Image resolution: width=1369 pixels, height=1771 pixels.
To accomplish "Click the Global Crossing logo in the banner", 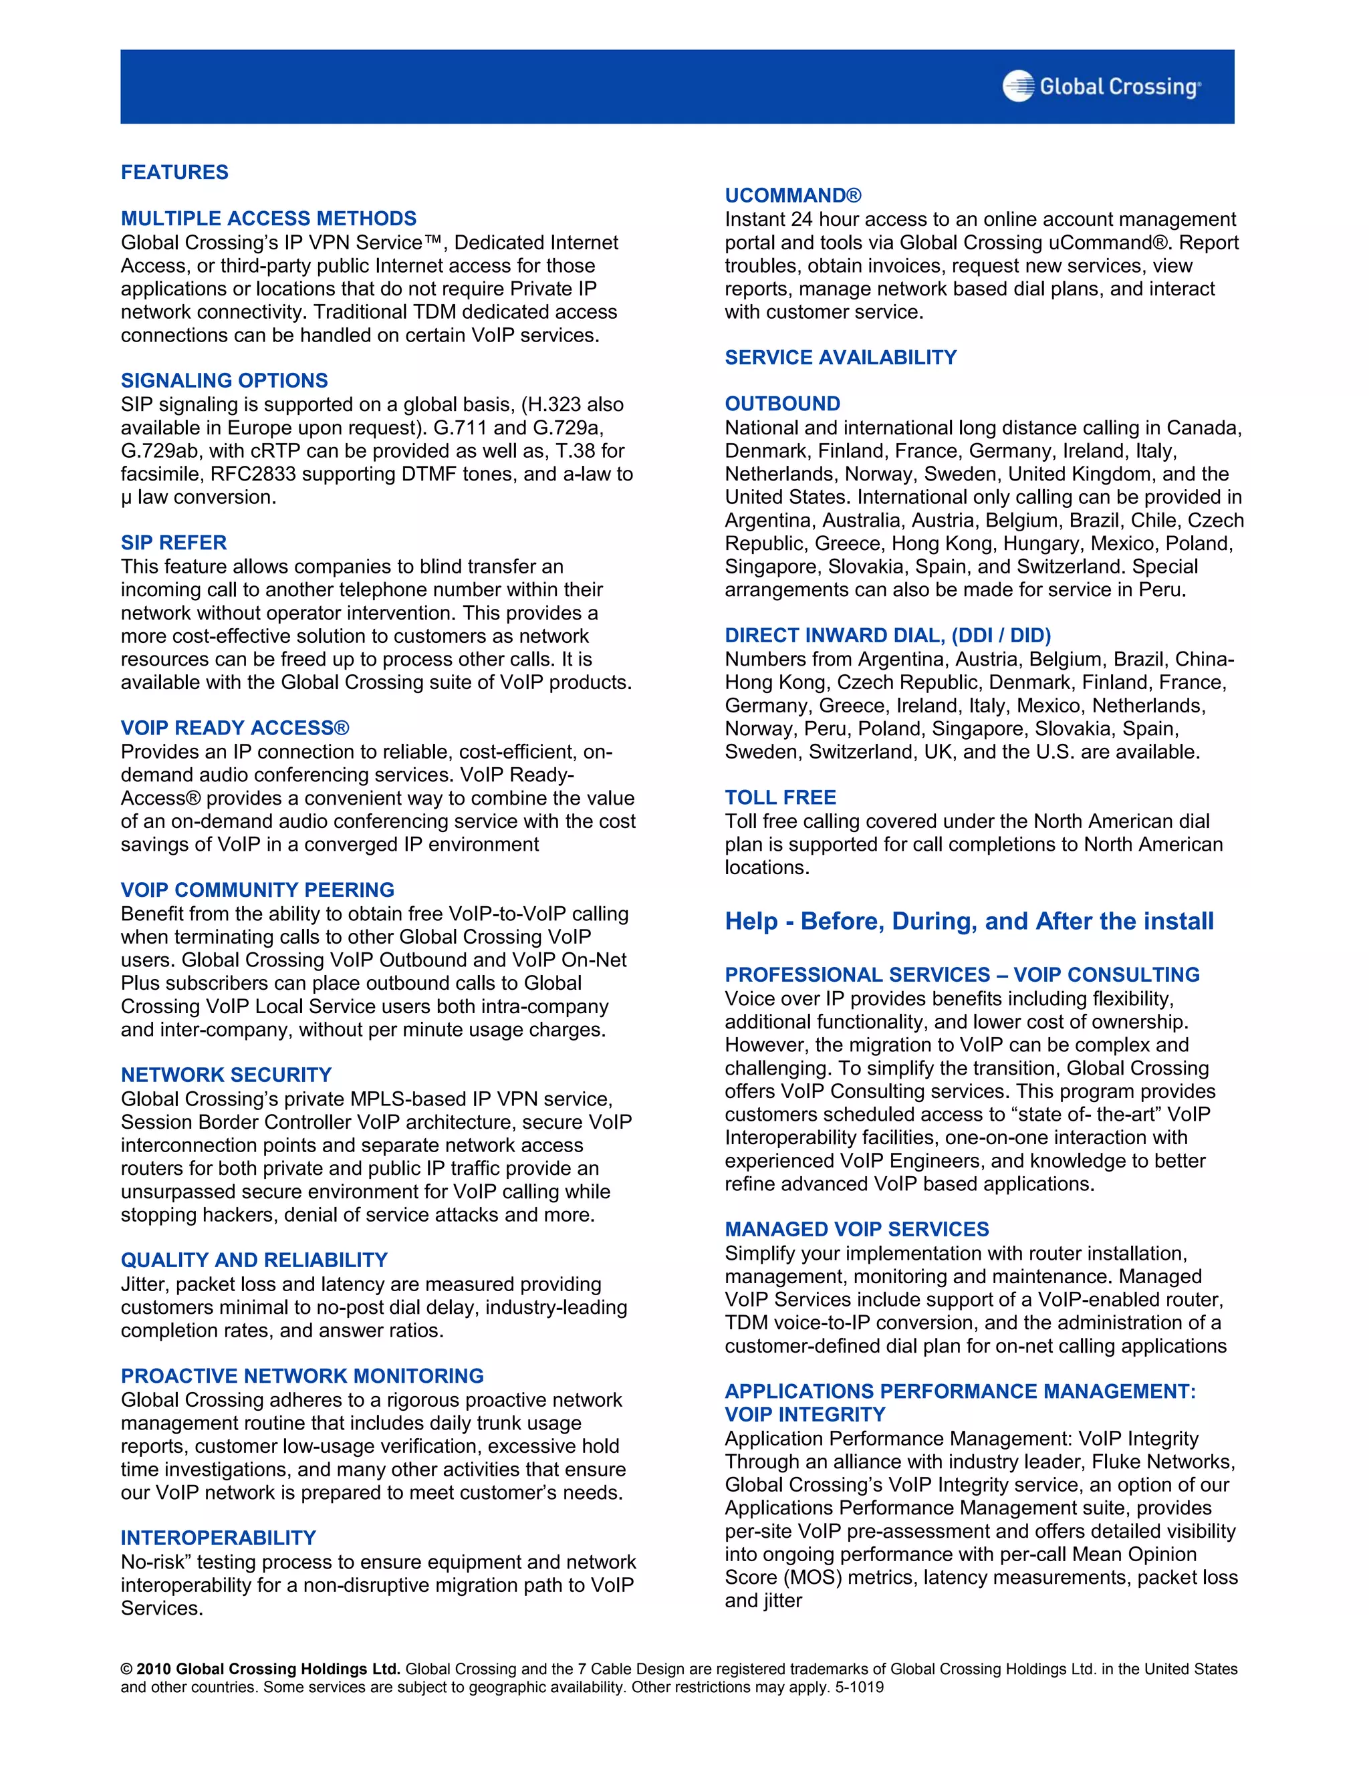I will tap(1102, 86).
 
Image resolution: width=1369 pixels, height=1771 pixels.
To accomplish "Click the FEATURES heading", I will tap(174, 172).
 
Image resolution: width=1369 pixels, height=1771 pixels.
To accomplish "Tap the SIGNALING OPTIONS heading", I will tap(224, 380).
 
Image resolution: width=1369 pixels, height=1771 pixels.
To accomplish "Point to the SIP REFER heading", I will tap(174, 543).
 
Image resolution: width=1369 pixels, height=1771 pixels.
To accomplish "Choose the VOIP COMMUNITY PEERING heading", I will tap(257, 890).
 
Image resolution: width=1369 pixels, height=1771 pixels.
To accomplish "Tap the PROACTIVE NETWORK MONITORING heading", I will tap(301, 1375).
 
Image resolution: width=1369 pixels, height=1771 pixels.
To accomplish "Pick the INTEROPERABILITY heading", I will tap(218, 1538).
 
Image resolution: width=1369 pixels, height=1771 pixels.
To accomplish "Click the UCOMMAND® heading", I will tap(792, 195).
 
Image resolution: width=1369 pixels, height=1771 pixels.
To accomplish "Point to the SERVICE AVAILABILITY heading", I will tap(840, 358).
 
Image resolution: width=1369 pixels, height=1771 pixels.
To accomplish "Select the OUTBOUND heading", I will tap(782, 404).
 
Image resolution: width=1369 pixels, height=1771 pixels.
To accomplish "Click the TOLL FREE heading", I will tap(780, 797).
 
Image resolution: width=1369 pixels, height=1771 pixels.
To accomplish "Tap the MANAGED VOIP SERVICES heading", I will tap(856, 1228).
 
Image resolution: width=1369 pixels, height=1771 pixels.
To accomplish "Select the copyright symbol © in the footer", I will tap(126, 1669).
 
